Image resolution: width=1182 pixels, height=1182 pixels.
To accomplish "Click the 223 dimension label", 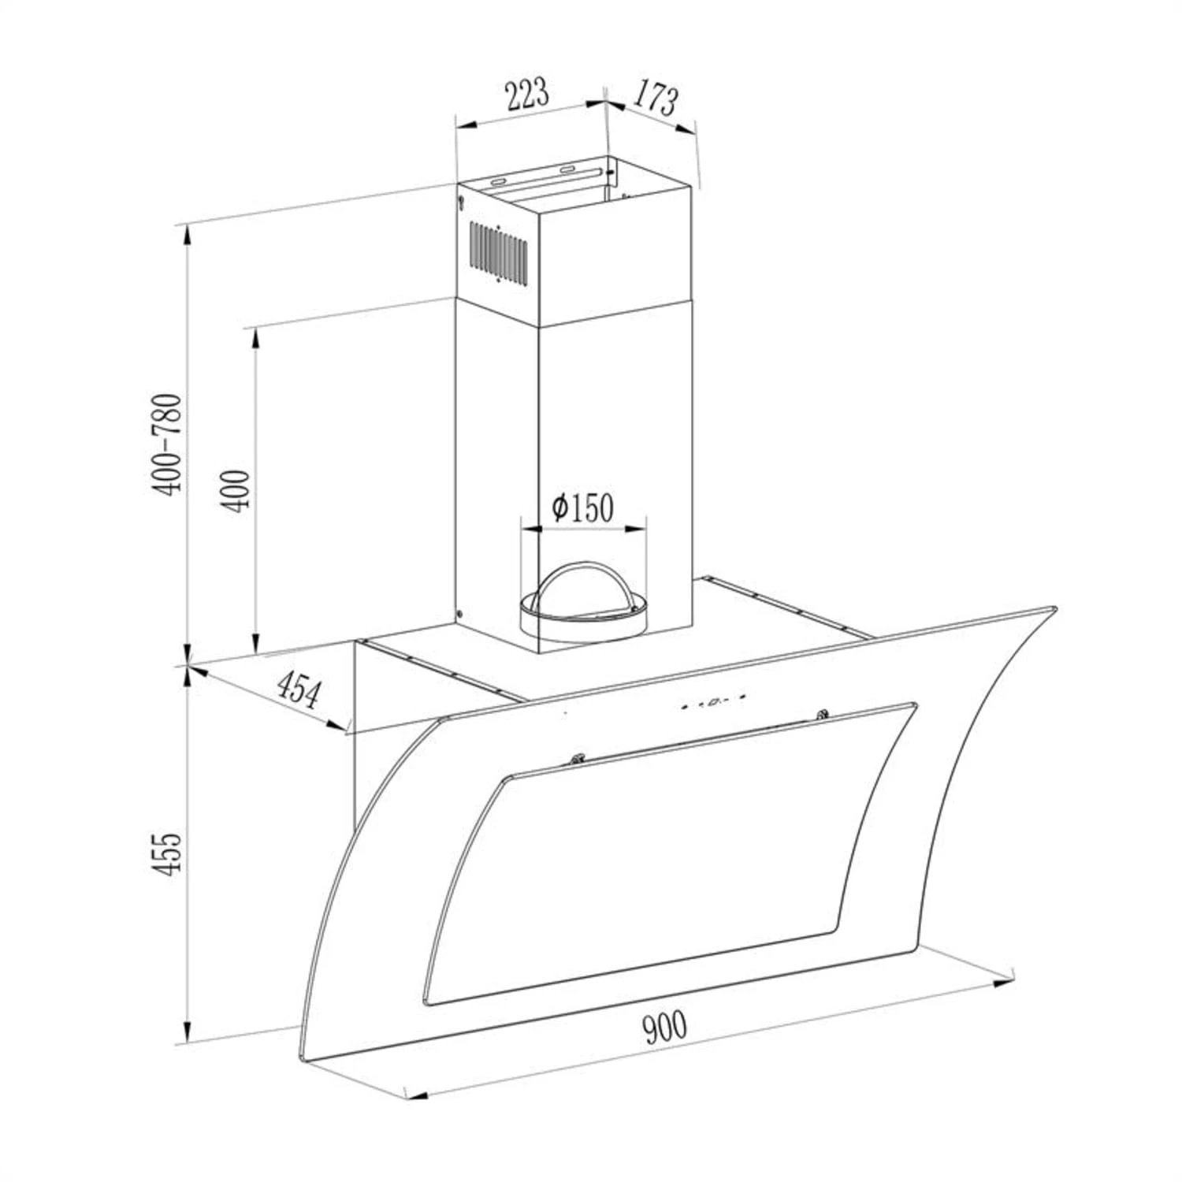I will coord(527,95).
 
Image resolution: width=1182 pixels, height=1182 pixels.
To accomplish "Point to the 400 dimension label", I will coord(236,490).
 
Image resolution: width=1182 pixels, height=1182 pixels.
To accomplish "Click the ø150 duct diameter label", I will coord(582,507).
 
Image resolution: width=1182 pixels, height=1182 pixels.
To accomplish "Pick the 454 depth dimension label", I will coord(299,690).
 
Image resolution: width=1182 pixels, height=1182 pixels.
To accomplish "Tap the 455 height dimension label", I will coord(167,852).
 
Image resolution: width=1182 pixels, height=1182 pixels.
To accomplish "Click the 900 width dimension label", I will coord(664,1027).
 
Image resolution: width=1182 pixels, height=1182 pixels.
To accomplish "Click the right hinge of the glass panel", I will coord(823,715).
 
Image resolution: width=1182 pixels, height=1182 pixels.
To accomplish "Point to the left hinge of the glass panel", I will coord(578,758).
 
